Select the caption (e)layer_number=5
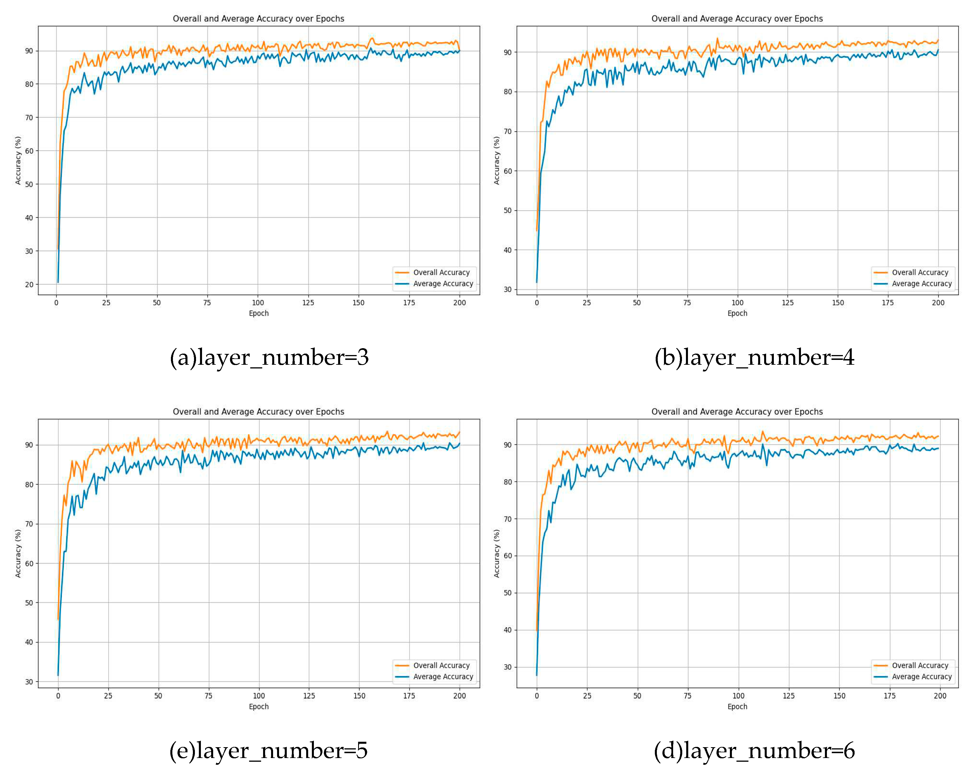coord(268,751)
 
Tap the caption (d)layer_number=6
coord(754,751)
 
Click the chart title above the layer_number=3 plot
coord(259,19)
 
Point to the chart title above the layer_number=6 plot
coord(737,412)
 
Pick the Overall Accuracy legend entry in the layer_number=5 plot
coord(441,665)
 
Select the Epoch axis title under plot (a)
coord(259,313)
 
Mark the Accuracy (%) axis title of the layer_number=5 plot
coord(18,554)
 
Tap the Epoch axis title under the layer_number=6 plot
coord(737,706)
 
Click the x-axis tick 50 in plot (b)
coord(637,303)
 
